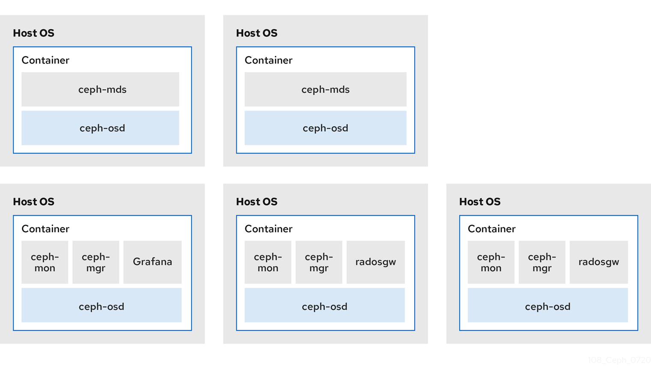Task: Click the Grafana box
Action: pyautogui.click(x=152, y=262)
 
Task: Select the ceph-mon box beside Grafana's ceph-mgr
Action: pyautogui.click(x=45, y=262)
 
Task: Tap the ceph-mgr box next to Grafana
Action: pyautogui.click(x=96, y=262)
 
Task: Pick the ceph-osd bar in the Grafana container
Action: pyautogui.click(x=102, y=305)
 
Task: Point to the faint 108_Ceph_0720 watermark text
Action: pyautogui.click(x=619, y=360)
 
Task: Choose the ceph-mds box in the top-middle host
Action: pyautogui.click(x=325, y=89)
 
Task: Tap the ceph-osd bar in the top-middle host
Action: pyautogui.click(x=325, y=128)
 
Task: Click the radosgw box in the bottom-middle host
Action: pyautogui.click(x=376, y=262)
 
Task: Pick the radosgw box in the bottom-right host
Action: pyautogui.click(x=599, y=262)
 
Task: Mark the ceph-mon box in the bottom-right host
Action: pyautogui.click(x=491, y=262)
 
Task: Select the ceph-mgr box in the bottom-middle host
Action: pyautogui.click(x=319, y=262)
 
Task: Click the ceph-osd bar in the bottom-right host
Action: pyautogui.click(x=548, y=305)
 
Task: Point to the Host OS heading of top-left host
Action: pyautogui.click(x=33, y=33)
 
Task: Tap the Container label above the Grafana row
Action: pyautogui.click(x=45, y=229)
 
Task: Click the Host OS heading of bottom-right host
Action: pyautogui.click(x=480, y=202)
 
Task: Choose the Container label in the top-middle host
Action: pyautogui.click(x=269, y=60)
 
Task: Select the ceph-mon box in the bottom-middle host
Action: pyautogui.click(x=268, y=262)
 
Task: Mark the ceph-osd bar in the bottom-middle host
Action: pyautogui.click(x=325, y=305)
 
